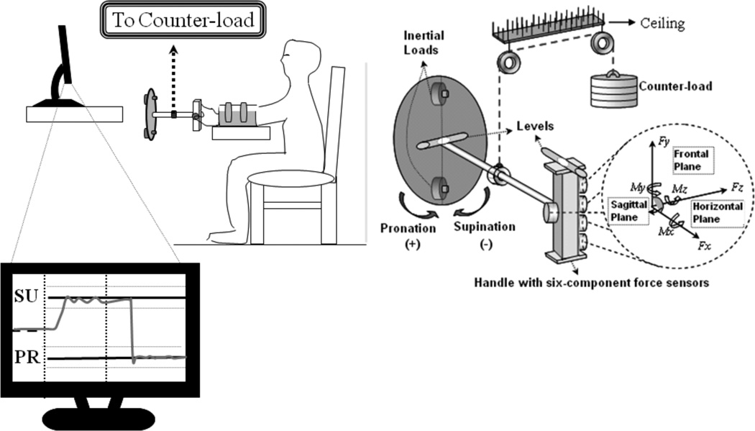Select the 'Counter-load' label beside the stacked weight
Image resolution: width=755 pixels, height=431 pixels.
675,87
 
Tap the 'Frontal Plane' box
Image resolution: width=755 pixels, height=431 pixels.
690,159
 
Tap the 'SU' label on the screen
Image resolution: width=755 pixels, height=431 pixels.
26,296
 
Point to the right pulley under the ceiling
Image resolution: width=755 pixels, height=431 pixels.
602,45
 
